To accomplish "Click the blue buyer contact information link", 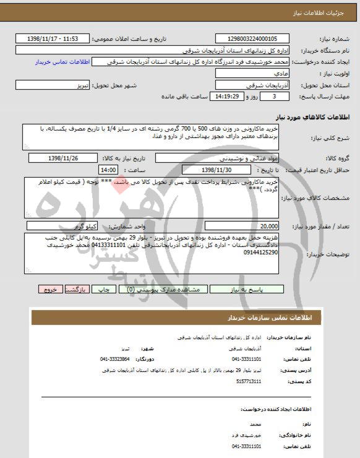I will click(x=63, y=63).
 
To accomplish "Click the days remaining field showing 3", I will click(x=272, y=97).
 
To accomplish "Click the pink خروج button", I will click(x=51, y=289).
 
